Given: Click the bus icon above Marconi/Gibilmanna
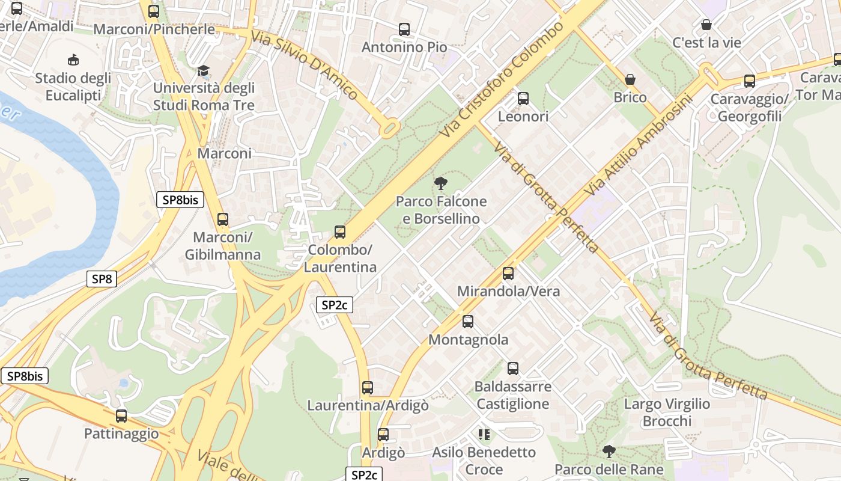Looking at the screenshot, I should [x=223, y=219].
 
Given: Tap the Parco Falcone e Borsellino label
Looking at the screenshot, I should [x=441, y=210].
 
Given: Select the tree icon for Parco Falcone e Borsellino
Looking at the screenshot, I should [x=441, y=183].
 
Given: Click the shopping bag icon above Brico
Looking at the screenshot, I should [x=630, y=79].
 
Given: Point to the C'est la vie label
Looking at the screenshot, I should [x=706, y=43].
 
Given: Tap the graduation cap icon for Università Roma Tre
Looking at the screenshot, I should [x=203, y=71].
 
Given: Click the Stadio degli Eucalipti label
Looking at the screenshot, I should [x=73, y=87].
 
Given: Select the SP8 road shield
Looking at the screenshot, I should [x=102, y=279].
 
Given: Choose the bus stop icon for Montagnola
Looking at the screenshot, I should [x=468, y=322].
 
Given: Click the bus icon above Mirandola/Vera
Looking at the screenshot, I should [x=508, y=274].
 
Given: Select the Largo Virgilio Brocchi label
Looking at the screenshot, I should [x=667, y=412].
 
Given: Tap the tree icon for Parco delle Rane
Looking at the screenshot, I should [x=609, y=452].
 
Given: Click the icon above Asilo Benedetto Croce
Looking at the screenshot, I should [x=484, y=434].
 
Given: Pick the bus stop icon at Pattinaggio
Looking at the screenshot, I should [x=121, y=415].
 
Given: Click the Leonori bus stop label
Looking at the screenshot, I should [x=523, y=116].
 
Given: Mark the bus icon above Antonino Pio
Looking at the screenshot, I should [x=404, y=29].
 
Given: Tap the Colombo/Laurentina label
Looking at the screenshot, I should [x=340, y=258].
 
